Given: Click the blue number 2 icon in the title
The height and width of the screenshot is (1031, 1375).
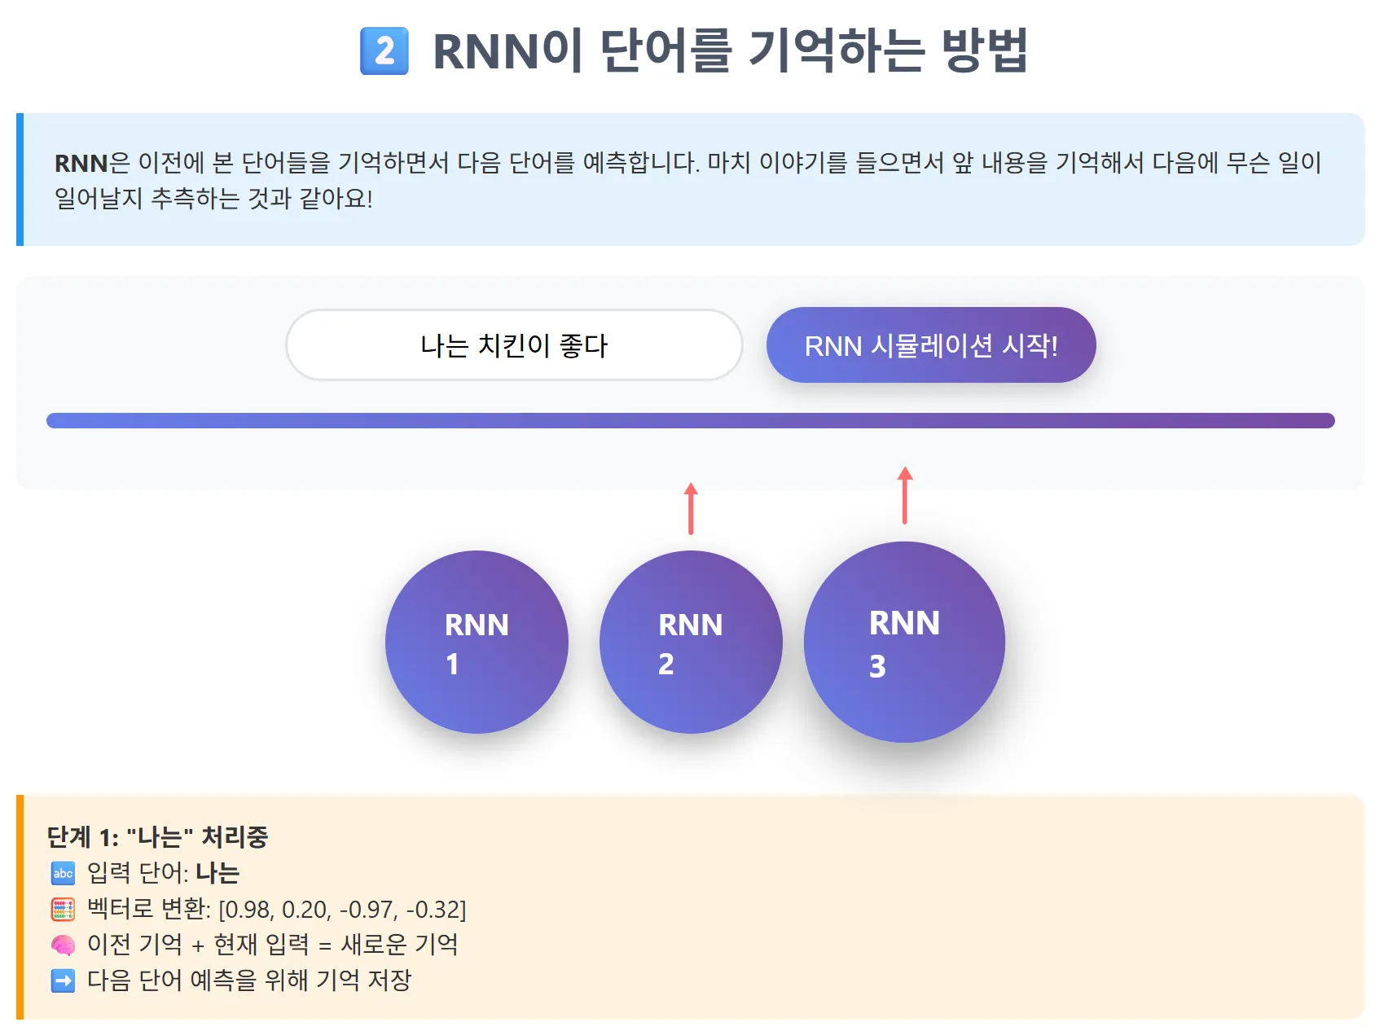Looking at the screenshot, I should [384, 51].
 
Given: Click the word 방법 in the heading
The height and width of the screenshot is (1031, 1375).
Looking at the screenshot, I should [984, 51].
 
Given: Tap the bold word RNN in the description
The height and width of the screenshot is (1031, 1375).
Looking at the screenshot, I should [81, 164].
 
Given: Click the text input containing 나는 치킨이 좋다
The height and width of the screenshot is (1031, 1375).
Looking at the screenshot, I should [514, 345].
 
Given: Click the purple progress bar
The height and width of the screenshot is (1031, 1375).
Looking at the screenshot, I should [690, 420].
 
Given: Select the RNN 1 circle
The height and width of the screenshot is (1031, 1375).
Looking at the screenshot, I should [477, 643].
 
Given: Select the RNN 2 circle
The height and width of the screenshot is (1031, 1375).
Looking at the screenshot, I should [691, 643].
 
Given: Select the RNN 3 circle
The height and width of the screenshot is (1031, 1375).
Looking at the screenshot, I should [904, 643].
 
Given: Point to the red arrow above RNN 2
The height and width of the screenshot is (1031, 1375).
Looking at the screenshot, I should [691, 508].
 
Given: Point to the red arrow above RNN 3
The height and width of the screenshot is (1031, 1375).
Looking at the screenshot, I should [905, 494].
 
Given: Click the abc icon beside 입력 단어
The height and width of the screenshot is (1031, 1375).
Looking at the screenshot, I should [63, 874].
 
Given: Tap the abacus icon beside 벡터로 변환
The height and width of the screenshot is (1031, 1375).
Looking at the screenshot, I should [63, 910].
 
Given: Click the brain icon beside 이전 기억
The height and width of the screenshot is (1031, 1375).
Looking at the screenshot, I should [63, 945].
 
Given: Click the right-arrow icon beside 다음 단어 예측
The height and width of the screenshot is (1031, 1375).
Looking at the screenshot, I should [63, 981].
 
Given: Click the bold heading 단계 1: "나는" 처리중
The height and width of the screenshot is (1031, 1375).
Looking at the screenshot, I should [157, 837].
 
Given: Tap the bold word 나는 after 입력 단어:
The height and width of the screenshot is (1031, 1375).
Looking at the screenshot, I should [217, 874].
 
